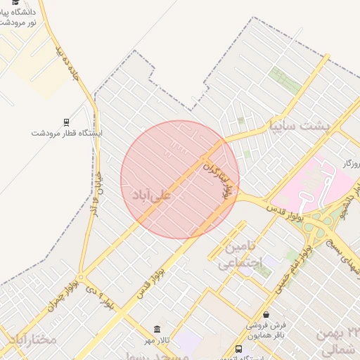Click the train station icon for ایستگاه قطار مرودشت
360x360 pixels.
66,121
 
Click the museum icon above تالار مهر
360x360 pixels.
157,330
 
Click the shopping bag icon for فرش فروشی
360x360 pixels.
266,315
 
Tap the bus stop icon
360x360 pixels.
239,349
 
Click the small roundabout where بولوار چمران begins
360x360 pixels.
80,277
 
